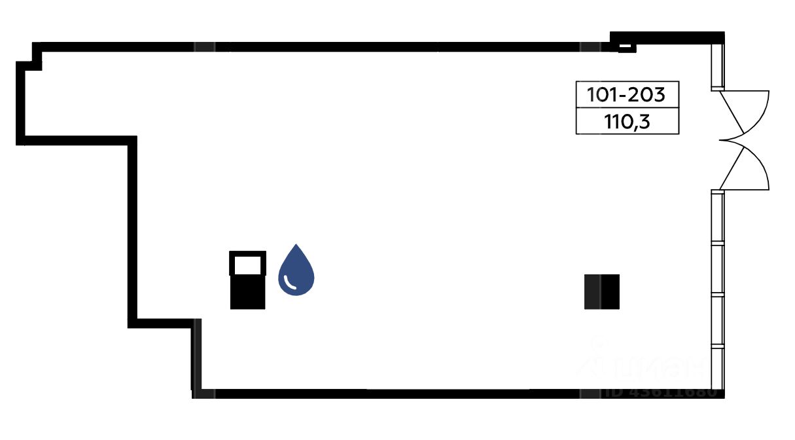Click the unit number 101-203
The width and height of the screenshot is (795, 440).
626,95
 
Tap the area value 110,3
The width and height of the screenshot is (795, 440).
626,121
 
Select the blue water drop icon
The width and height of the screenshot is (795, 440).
296,271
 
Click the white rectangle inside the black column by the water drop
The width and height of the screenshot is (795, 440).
247,265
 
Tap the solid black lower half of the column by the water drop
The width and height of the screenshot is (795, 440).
247,293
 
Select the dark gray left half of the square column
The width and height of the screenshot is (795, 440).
592,291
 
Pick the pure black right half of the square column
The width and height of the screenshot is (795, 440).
610,291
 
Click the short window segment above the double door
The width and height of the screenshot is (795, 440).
718,65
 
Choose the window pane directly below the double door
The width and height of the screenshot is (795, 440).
718,217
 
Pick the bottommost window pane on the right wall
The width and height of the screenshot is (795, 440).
718,370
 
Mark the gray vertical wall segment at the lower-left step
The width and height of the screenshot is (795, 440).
196,357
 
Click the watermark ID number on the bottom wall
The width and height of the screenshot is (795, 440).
661,393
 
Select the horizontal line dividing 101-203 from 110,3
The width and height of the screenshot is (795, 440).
626,108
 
